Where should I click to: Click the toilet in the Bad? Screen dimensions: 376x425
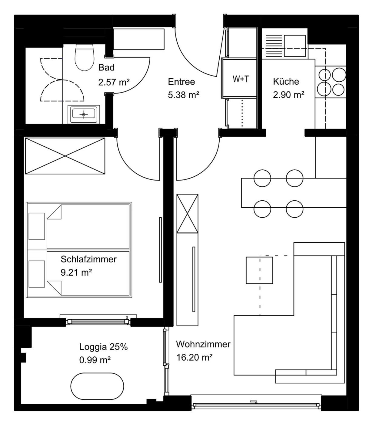84,57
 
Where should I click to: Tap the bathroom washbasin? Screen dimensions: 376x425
84,114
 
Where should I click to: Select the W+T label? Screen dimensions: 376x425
241,79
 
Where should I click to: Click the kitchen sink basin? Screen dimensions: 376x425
294,46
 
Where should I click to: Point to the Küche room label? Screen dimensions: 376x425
286,81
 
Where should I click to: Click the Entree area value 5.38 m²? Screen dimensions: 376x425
183,95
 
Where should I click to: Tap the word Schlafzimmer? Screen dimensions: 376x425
88,259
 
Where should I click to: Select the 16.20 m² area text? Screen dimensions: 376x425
195,357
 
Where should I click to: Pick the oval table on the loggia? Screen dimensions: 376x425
97,386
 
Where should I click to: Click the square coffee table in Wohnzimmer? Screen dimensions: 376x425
259,270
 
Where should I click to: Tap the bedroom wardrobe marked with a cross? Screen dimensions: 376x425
65,156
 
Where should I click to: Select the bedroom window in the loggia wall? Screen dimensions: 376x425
98,321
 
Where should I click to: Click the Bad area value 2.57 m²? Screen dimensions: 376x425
114,82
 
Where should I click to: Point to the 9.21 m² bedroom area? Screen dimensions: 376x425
76,273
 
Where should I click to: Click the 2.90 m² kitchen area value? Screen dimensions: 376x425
288,95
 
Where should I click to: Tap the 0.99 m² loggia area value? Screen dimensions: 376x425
95,360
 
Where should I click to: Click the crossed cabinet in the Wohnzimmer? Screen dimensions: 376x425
187,213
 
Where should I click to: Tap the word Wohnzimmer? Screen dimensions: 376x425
203,344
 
